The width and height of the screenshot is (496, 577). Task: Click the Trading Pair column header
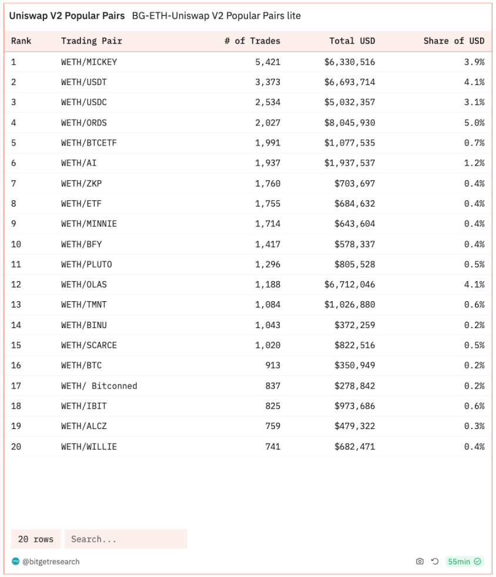click(x=91, y=41)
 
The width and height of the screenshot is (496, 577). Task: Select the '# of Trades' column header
click(x=252, y=41)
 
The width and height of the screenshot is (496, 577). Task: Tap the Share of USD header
click(x=454, y=41)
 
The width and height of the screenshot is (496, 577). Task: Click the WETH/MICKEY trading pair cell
click(x=89, y=62)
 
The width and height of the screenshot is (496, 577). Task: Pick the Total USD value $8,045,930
click(x=349, y=123)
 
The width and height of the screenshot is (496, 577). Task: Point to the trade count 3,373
click(x=267, y=82)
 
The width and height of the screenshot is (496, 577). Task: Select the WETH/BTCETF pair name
click(x=89, y=143)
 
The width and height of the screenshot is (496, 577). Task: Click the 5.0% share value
click(x=474, y=123)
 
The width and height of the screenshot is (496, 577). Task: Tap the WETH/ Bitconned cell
click(x=99, y=386)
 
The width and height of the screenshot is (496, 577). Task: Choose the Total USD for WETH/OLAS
click(x=349, y=285)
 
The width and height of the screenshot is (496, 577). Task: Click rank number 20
click(x=16, y=447)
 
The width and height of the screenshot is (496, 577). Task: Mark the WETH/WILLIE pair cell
click(x=89, y=447)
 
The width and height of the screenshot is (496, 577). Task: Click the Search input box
click(x=126, y=539)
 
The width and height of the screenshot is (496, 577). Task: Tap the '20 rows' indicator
click(x=36, y=539)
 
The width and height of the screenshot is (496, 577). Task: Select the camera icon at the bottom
click(x=420, y=562)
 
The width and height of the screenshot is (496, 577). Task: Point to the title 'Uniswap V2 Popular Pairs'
click(x=66, y=16)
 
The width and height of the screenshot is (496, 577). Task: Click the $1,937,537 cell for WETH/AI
click(x=349, y=163)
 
